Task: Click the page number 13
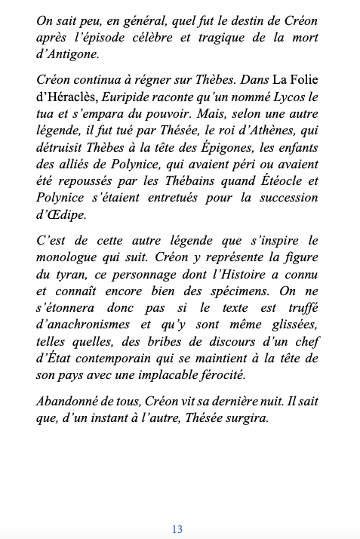[177, 529]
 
